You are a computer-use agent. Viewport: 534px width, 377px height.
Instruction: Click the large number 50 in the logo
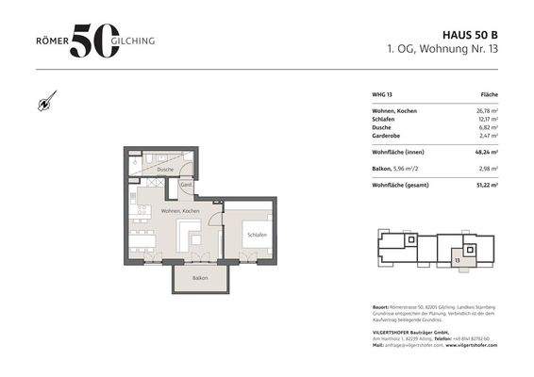pos(94,40)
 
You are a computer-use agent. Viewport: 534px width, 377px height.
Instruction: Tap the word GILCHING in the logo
pos(137,41)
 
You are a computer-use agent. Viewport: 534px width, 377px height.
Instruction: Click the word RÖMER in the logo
pos(49,41)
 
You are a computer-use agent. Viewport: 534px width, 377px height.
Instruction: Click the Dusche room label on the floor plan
pos(165,169)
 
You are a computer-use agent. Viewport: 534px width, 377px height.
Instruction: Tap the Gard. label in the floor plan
pos(187,185)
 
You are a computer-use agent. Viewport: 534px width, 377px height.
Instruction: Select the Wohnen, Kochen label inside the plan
pos(179,211)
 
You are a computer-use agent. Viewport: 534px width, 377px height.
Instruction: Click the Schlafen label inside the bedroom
pos(257,234)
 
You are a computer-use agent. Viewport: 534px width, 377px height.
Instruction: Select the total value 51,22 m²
pos(483,187)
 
